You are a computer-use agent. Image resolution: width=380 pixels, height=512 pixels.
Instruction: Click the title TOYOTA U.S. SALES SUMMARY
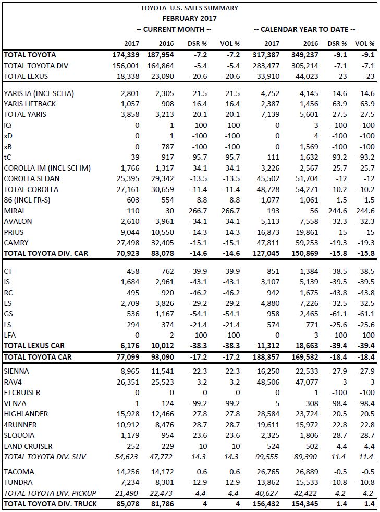click(189, 8)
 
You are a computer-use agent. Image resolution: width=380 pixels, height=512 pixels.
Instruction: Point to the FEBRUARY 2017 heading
click(189, 18)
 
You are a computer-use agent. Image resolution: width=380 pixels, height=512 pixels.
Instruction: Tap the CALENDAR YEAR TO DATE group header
click(304, 29)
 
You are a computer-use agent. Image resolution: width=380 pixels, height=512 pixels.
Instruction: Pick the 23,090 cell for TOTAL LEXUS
click(165, 76)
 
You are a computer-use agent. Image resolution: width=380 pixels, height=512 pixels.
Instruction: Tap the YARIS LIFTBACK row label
click(30, 104)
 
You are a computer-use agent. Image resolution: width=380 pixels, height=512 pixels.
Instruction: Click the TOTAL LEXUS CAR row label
click(38, 346)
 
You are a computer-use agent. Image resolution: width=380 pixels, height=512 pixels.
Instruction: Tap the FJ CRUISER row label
click(22, 392)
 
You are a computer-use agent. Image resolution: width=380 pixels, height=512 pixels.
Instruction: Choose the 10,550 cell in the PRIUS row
click(165, 232)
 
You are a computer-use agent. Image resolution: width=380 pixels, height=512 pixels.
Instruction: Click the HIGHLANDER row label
click(26, 414)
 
